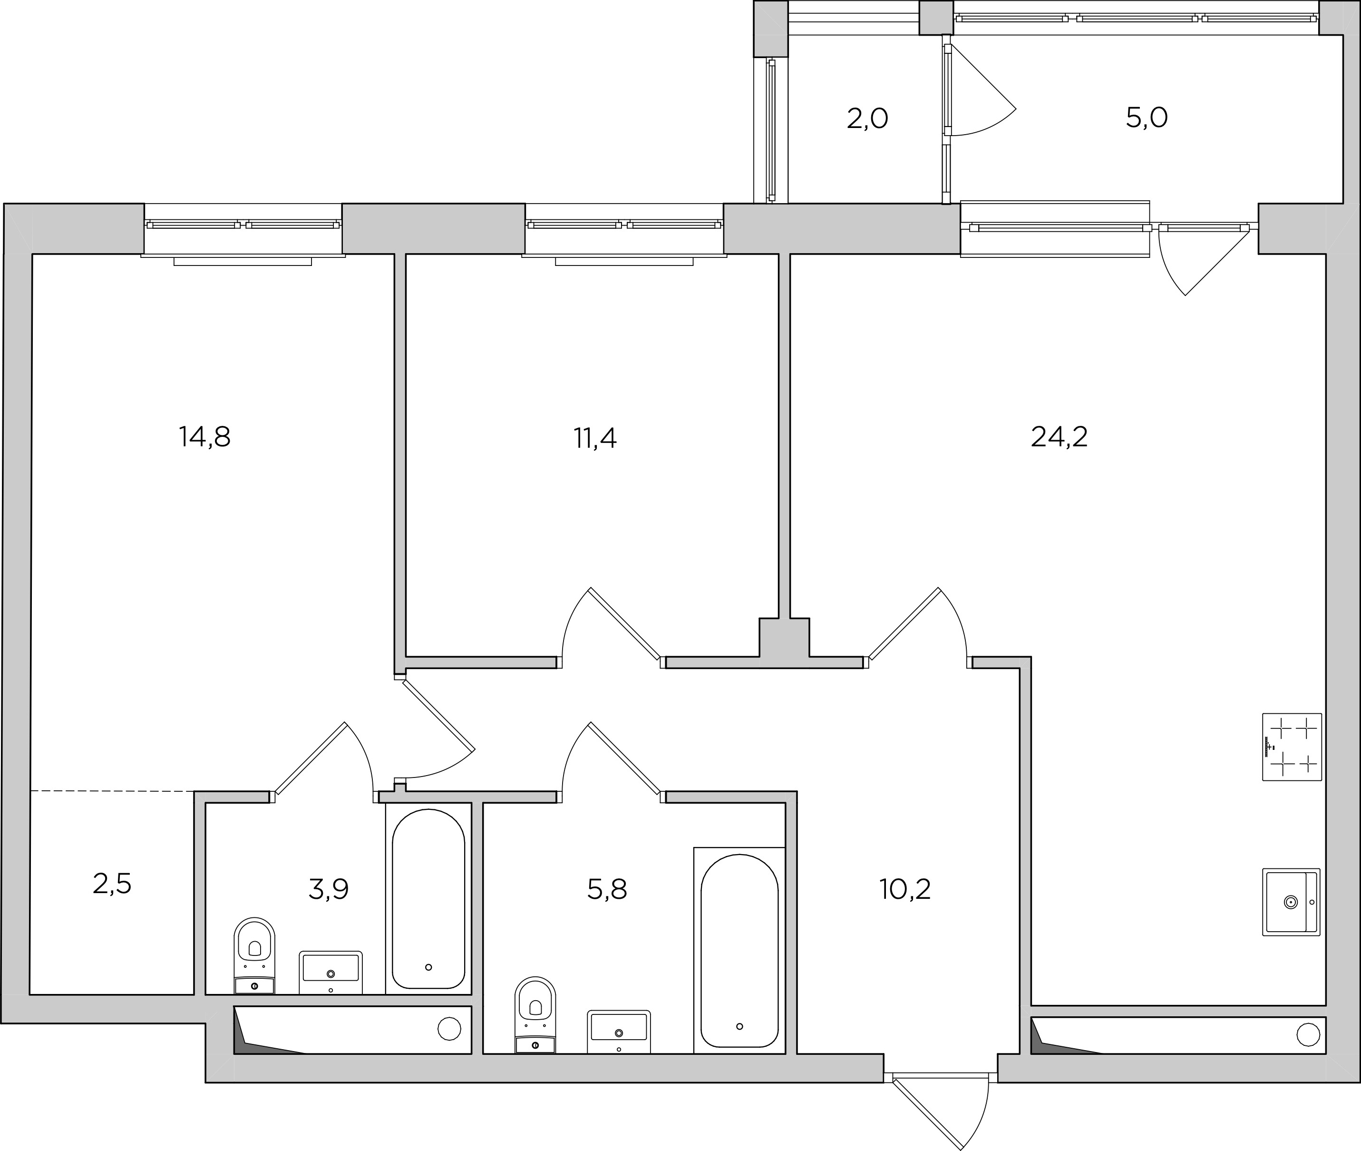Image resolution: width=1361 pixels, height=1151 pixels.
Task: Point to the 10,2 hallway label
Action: (x=905, y=889)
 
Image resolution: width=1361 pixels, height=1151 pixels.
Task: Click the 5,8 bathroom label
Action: (x=607, y=889)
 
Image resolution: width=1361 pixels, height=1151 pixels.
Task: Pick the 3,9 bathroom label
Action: (x=329, y=889)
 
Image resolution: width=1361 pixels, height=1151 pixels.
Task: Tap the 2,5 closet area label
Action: (x=112, y=884)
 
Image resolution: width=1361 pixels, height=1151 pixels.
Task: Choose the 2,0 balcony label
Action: (x=867, y=119)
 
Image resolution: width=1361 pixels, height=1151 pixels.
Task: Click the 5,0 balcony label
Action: (x=1147, y=118)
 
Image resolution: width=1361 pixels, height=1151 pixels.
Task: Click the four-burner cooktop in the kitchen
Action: (x=1292, y=747)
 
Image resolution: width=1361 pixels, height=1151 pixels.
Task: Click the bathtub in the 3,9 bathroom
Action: (x=428, y=898)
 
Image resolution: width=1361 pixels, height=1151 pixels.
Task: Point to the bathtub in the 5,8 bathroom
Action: (x=739, y=951)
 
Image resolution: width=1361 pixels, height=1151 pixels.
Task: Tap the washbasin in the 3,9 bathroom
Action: (x=331, y=972)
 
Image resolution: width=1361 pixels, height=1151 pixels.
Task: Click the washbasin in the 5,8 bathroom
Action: (x=619, y=1032)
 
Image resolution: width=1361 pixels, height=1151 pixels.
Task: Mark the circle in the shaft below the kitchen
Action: (x=1308, y=1034)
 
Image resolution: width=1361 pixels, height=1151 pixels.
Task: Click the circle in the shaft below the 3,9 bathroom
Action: (x=449, y=1029)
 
